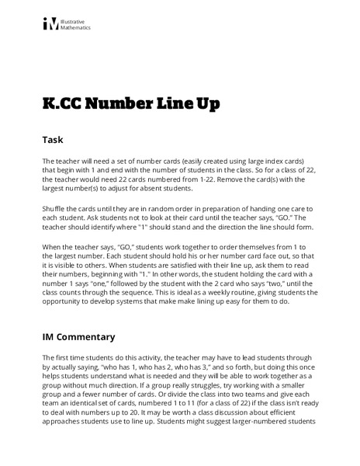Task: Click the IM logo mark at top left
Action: [50, 24]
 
